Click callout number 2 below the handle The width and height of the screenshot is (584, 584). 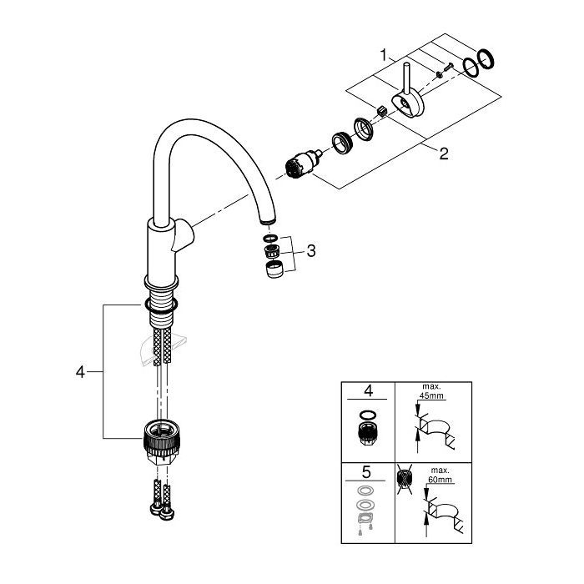444,153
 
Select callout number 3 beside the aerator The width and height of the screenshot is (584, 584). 310,250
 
